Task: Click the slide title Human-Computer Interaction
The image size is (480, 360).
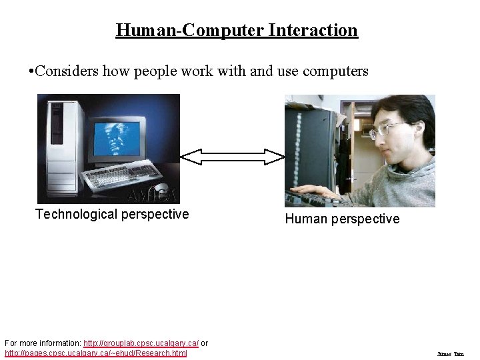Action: click(237, 30)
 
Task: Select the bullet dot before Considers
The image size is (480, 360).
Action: click(31, 71)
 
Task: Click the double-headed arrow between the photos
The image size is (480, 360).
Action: click(233, 157)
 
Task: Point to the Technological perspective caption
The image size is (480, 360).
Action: click(112, 214)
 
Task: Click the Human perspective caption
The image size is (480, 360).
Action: click(342, 219)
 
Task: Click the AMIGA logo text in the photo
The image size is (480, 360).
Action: click(153, 195)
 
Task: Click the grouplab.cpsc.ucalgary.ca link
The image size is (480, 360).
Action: click(141, 343)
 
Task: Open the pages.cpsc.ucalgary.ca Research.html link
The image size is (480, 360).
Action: click(96, 353)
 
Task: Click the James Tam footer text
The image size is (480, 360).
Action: click(450, 354)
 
